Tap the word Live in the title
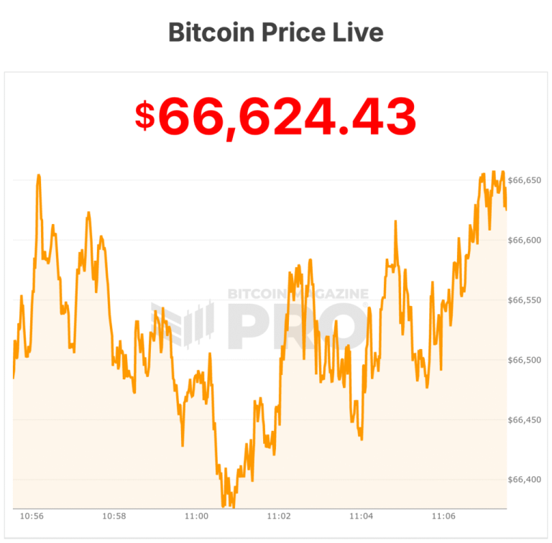[359, 32]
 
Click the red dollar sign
[144, 116]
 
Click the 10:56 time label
[32, 516]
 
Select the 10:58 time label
[114, 516]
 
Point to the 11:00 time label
[196, 516]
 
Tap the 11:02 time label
[279, 516]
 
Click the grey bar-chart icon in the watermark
[183, 323]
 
